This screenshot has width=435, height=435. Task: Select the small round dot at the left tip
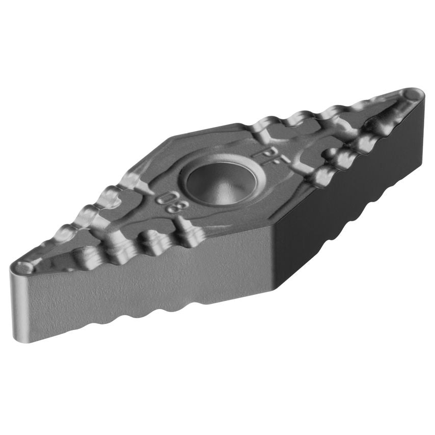tap(23, 266)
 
